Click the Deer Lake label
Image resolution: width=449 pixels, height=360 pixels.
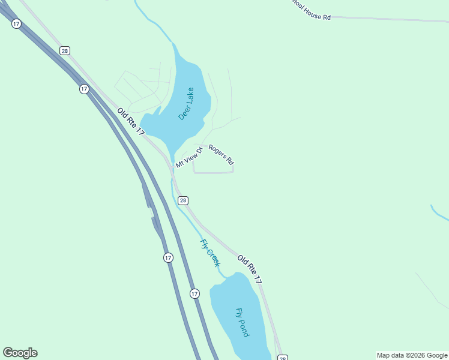tap(186, 104)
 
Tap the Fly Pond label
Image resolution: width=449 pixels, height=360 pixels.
tap(242, 322)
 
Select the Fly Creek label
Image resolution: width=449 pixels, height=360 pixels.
tap(210, 253)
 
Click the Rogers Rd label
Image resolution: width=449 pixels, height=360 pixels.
tap(221, 154)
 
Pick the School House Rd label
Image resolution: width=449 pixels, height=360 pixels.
tap(310, 16)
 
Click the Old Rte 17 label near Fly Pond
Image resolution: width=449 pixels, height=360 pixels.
tap(249, 269)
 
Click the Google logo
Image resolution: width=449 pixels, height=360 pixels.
tap(20, 353)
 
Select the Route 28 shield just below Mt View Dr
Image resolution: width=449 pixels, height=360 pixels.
tap(183, 200)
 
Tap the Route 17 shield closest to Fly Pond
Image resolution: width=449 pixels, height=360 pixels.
tap(194, 293)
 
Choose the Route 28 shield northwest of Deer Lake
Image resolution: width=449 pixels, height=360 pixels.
tap(65, 51)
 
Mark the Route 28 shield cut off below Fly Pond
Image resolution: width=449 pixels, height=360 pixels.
tap(282, 358)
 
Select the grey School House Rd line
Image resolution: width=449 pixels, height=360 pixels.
tap(390, 19)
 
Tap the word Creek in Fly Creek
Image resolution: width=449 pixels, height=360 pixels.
tap(213, 258)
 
